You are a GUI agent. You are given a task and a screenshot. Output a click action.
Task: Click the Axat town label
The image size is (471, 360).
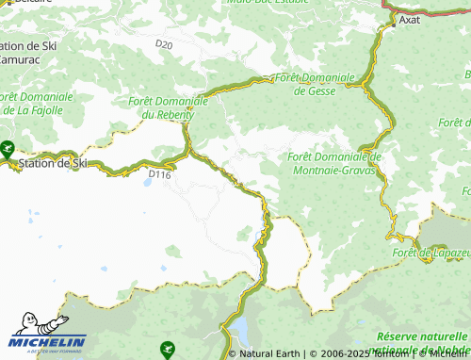410,18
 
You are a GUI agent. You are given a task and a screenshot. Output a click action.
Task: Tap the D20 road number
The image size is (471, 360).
165,44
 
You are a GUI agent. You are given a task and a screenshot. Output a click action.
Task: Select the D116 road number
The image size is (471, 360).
159,173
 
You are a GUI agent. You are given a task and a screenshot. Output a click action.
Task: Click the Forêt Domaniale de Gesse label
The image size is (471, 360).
316,84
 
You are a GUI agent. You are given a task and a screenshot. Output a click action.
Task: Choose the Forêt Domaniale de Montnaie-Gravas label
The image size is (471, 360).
334,163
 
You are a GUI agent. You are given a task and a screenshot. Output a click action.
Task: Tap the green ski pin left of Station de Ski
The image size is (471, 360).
8,148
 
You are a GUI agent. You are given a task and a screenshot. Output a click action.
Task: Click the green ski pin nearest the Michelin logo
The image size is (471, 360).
168,348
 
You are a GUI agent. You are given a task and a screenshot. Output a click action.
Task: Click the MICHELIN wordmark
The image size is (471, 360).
49,341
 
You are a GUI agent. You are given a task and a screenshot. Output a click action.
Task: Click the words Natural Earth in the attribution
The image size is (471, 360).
269,354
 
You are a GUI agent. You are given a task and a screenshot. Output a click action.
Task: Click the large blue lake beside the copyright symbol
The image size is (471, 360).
240,330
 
